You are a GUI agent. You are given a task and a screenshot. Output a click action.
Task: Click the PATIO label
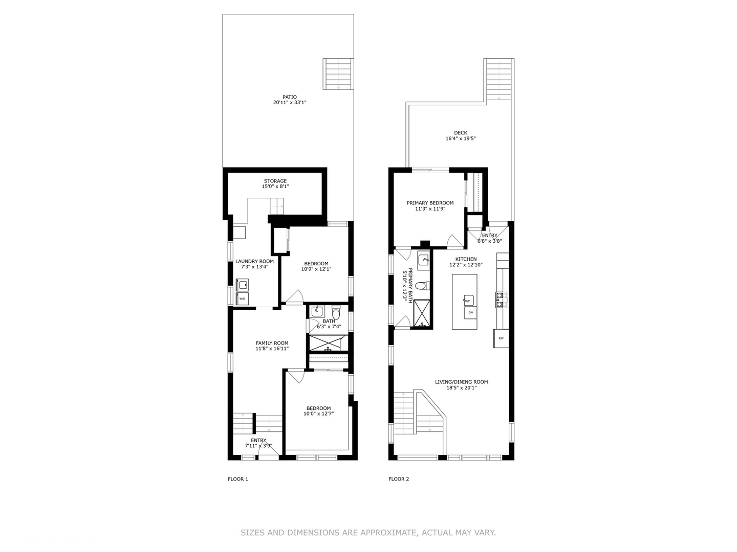pos(289,97)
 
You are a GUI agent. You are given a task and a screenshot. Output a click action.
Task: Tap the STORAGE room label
pos(275,181)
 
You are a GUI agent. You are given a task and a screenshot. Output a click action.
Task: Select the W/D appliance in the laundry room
pos(242,298)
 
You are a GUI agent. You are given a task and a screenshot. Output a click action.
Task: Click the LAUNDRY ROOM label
pos(254,261)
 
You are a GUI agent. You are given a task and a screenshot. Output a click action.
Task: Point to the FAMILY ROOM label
pos(272,343)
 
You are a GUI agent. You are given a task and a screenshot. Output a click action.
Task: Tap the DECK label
pos(461,133)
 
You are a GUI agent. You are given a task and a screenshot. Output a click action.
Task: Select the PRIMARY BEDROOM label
pos(430,203)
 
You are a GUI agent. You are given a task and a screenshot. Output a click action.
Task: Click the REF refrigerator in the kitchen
pos(501,338)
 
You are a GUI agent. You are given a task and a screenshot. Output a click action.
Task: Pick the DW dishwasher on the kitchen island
pos(470,312)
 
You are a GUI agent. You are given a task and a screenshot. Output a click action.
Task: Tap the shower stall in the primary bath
pos(422,313)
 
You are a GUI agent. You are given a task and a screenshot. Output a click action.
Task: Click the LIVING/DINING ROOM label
pos(461,382)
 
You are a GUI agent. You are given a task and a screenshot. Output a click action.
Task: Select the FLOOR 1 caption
pos(237,479)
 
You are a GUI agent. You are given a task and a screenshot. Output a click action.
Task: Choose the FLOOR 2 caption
pos(399,479)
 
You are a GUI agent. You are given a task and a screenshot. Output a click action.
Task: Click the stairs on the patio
pos(338,74)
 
